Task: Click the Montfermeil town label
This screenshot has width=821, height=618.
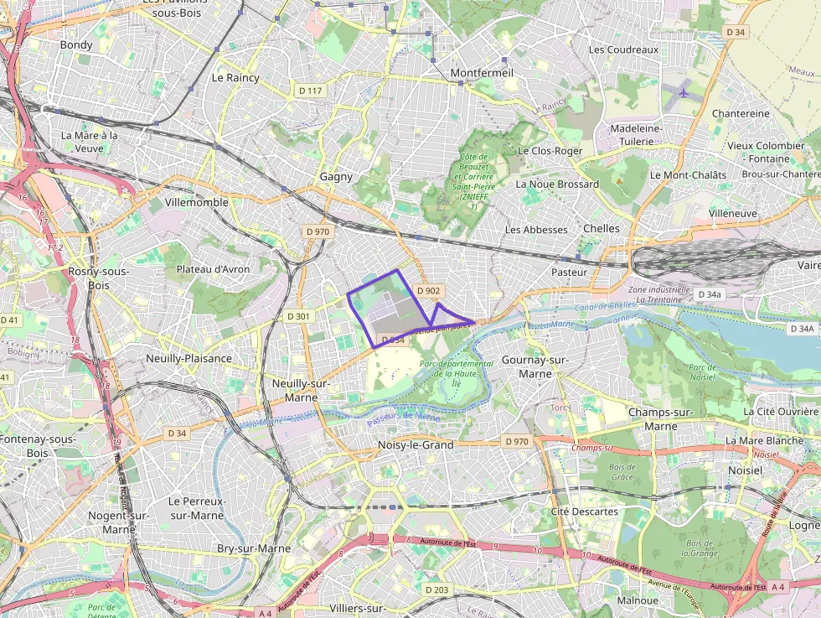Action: pos(482,73)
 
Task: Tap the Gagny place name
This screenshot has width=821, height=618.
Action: pos(336,177)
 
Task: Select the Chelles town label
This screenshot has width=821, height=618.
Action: pos(602,228)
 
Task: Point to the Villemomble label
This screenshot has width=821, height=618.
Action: pos(197,202)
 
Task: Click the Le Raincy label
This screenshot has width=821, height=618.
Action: pos(235,77)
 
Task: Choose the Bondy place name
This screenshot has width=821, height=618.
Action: pos(76,44)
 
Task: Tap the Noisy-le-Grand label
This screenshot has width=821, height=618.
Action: pos(416,444)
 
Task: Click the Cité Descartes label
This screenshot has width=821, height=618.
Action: pos(584,512)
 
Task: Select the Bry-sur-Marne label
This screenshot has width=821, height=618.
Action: pos(254,548)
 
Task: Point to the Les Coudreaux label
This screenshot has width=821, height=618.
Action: pos(623,49)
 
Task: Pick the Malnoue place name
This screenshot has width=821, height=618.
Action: pos(637,600)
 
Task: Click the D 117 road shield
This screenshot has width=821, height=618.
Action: pos(310,91)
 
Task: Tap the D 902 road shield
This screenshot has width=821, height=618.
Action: pos(428,291)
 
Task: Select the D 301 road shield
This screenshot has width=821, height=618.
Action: pos(298,317)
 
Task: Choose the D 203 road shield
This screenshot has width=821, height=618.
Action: pos(436,589)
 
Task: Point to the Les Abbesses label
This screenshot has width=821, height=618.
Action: pos(536,229)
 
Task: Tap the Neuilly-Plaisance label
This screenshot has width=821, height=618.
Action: pos(188,358)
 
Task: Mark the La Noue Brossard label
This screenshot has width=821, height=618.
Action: pos(557,184)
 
